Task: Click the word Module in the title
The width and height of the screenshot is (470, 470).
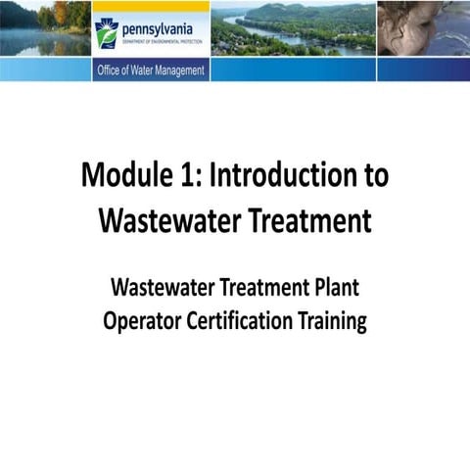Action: click(127, 176)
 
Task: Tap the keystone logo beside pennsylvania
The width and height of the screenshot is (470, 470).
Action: click(107, 32)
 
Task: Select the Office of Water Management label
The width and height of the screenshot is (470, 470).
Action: click(151, 70)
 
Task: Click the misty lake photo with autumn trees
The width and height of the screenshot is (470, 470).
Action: click(45, 28)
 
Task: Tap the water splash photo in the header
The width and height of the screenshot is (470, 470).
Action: click(423, 28)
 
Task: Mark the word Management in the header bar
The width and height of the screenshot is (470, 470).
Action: click(182, 70)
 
